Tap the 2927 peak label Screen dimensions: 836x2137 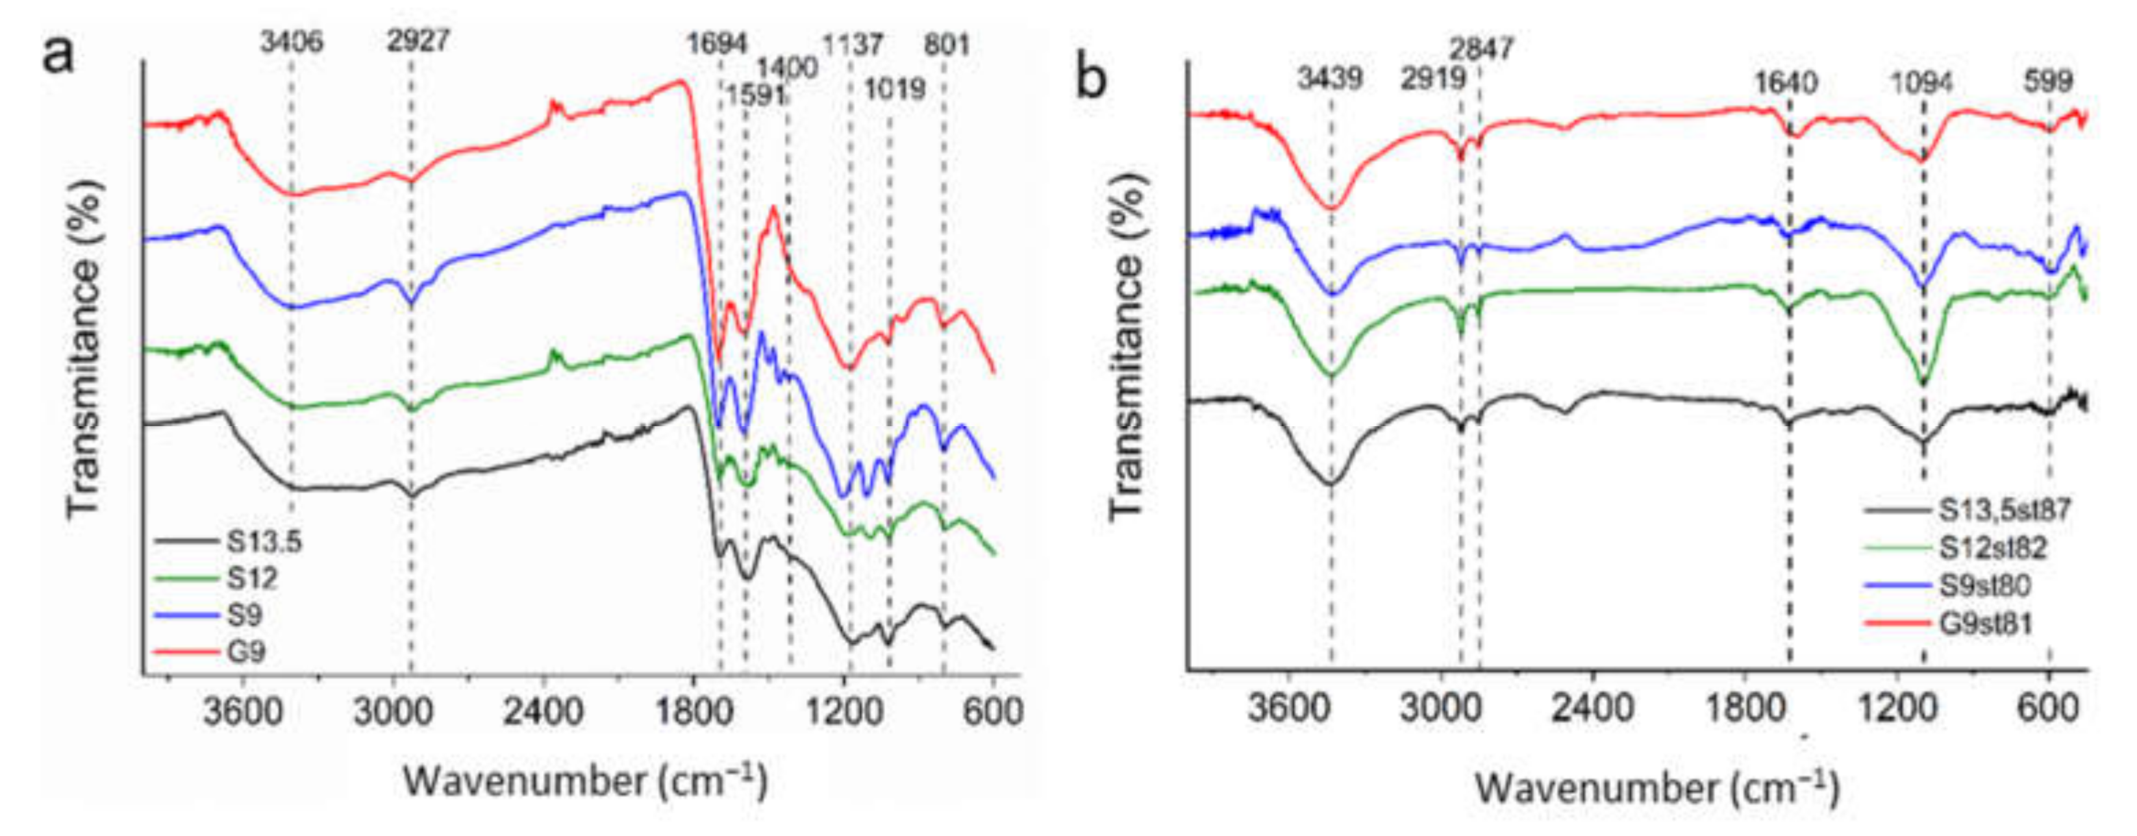click(x=418, y=40)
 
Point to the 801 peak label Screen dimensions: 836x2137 click(x=947, y=43)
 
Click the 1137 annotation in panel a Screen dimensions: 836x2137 click(x=852, y=43)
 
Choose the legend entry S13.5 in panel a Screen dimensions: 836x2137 click(x=264, y=542)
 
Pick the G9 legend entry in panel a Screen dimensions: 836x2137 click(x=247, y=652)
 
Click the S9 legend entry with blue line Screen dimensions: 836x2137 click(x=244, y=615)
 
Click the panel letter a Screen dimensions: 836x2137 click(x=58, y=54)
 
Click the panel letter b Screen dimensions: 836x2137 click(x=1091, y=79)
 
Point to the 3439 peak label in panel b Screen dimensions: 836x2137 click(x=1330, y=79)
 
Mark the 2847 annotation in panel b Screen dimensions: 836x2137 click(x=1482, y=48)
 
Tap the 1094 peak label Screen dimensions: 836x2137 click(x=1921, y=82)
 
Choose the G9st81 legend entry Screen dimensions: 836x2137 click(x=1985, y=624)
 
